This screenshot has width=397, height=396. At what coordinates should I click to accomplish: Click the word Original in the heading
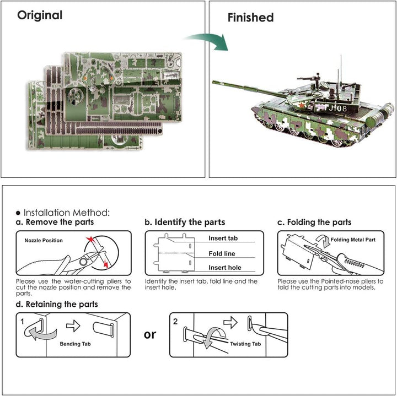click(x=40, y=15)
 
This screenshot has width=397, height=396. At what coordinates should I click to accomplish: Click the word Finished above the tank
click(x=250, y=18)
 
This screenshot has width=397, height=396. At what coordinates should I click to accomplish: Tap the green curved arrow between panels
click(x=208, y=40)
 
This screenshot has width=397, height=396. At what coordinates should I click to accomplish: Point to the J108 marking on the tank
click(x=337, y=109)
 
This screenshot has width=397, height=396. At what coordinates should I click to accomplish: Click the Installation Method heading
click(x=63, y=212)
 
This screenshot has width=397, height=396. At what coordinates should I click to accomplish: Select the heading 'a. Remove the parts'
click(x=55, y=223)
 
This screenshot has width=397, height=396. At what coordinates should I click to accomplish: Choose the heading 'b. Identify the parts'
click(x=185, y=223)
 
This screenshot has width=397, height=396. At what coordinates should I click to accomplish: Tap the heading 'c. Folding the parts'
click(x=314, y=223)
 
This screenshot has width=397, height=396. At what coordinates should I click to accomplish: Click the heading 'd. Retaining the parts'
click(x=57, y=304)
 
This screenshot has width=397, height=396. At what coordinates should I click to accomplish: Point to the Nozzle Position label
click(x=44, y=241)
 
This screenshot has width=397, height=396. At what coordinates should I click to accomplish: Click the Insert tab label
click(x=223, y=238)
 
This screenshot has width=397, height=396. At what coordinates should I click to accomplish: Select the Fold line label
click(x=222, y=253)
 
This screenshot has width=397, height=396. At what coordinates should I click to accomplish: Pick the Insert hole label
click(x=224, y=268)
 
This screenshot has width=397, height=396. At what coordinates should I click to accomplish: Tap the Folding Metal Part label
click(x=353, y=241)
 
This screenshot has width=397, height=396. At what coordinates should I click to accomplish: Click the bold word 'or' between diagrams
click(x=150, y=334)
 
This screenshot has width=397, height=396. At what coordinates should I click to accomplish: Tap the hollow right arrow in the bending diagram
click(x=73, y=326)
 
